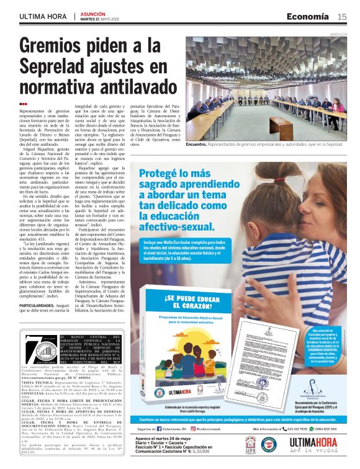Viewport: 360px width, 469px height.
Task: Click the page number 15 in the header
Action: click(343, 16)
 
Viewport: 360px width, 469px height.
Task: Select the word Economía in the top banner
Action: click(308, 16)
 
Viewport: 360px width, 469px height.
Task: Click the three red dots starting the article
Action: click(23, 104)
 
